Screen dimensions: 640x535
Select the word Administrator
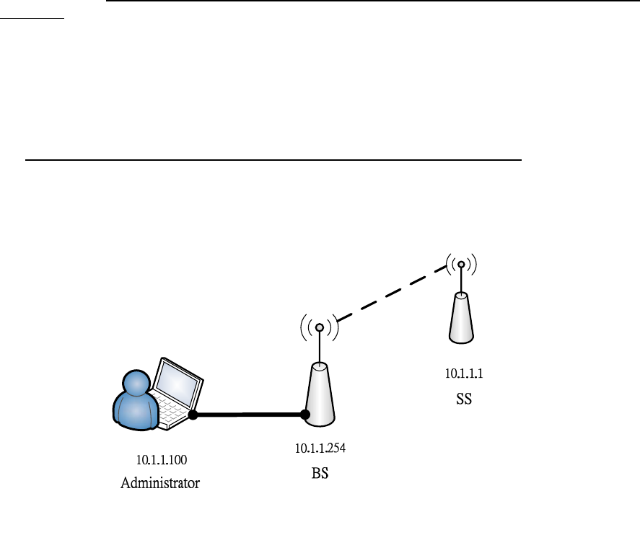coord(159,483)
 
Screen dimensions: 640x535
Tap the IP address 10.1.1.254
coord(320,448)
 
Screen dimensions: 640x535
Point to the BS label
coord(320,475)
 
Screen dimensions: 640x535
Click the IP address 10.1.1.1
coord(463,374)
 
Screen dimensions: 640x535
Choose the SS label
coord(464,398)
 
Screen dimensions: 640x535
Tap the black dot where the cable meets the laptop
coord(193,415)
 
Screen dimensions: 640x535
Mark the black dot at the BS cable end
coord(305,415)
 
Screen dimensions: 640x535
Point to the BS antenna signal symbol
coord(319,327)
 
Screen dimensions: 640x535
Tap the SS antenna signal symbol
coord(461,265)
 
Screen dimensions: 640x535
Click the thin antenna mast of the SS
coord(461,280)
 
